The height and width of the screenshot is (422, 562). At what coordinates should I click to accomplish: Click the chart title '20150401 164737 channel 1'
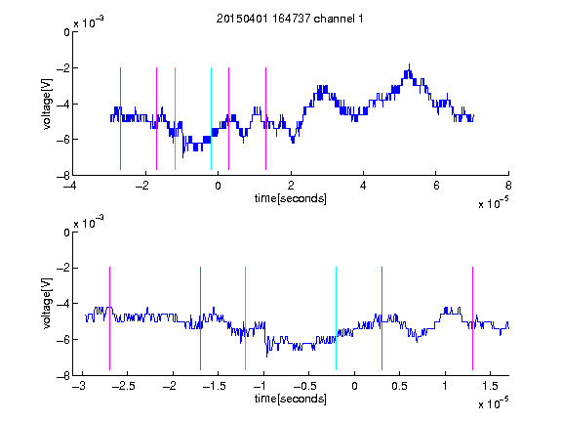290,19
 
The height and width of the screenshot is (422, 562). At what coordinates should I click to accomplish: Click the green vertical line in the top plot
175,118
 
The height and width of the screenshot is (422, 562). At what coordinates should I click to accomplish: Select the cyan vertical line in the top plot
211,118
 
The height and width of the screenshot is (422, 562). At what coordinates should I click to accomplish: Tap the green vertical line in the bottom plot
245,318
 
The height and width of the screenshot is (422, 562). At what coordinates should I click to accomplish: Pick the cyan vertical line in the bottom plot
336,318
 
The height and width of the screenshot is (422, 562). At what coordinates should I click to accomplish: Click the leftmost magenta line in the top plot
120,118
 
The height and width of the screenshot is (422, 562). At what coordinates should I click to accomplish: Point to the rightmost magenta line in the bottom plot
472,318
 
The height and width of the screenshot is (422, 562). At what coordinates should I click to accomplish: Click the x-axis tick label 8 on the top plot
508,186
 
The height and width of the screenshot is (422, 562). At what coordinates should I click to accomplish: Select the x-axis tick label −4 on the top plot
70,186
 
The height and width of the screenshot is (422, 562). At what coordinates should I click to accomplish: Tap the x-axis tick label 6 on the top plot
436,186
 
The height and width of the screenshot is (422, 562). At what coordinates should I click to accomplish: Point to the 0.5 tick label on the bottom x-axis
399,386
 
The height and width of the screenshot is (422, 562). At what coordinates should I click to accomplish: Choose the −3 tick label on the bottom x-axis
79,386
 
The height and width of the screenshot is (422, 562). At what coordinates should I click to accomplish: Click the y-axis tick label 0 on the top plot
66,32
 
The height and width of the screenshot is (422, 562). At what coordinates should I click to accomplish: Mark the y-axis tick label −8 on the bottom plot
63,376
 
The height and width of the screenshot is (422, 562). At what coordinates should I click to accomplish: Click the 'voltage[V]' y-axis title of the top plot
47,105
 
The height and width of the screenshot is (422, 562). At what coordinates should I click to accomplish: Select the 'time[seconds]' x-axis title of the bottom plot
291,399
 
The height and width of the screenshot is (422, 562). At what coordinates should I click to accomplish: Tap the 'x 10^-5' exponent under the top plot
493,203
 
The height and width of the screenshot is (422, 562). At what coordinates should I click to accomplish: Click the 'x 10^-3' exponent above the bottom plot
89,223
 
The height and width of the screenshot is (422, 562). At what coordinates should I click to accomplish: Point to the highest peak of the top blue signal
409,64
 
